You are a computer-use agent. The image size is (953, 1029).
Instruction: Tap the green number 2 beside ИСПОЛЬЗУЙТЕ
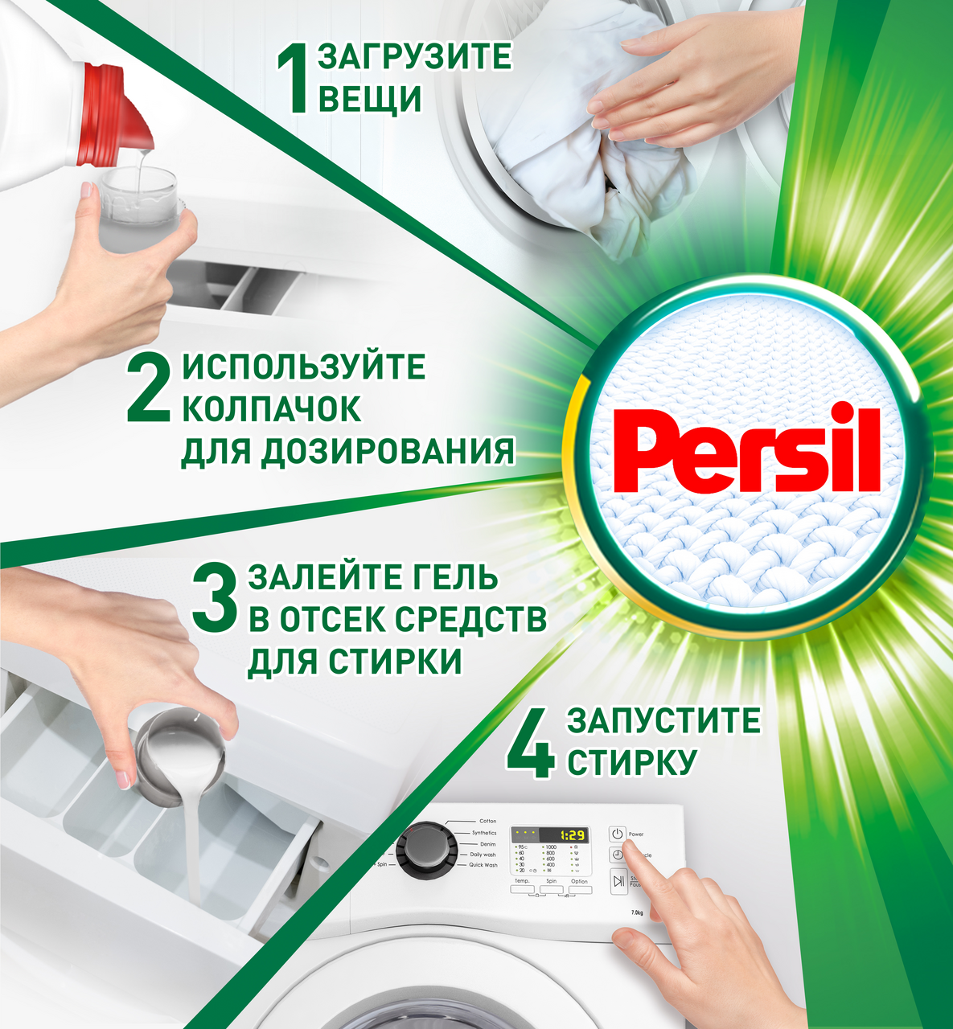pyautogui.click(x=150, y=389)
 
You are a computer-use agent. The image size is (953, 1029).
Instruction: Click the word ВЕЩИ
pyautogui.click(x=370, y=100)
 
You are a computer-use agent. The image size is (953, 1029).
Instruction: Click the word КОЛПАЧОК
pyautogui.click(x=272, y=408)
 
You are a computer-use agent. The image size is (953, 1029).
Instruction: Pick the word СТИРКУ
pyautogui.click(x=631, y=762)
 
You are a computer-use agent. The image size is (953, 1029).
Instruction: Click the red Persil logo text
pyautogui.click(x=747, y=452)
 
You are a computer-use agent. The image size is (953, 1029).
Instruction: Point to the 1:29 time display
pyautogui.click(x=572, y=835)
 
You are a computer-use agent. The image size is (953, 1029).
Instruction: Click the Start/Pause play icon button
pyautogui.click(x=618, y=882)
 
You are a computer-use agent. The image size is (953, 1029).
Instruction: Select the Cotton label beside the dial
pyautogui.click(x=487, y=821)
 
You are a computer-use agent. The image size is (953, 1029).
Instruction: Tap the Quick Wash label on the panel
pyautogui.click(x=483, y=865)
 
